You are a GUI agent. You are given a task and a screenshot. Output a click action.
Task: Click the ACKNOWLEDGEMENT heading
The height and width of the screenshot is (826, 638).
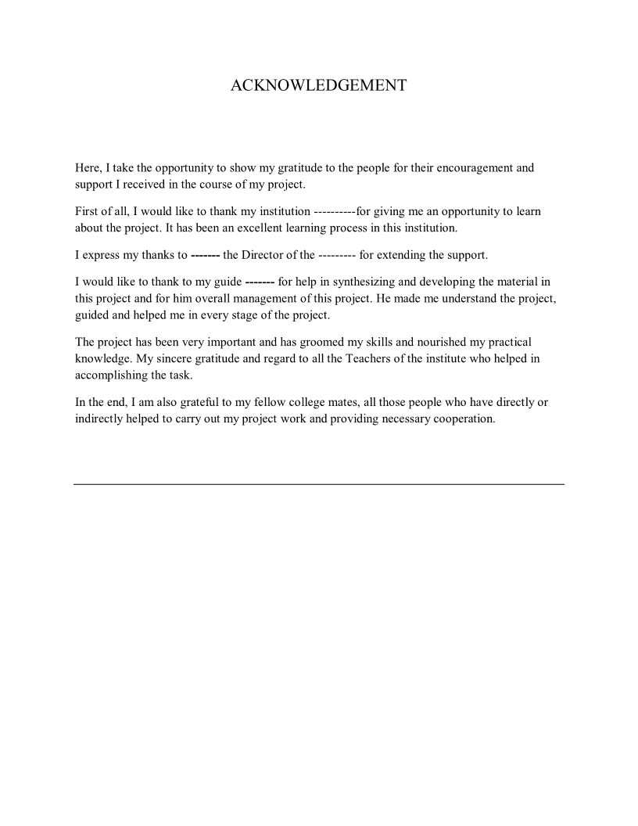coord(318,85)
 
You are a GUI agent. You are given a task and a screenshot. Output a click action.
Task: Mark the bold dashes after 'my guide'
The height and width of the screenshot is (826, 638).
coord(259,281)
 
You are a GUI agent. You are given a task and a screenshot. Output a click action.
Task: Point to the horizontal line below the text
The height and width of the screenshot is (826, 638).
coord(318,484)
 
